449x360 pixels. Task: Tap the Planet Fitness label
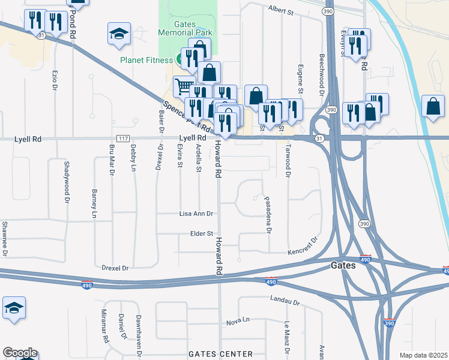click(x=146, y=60)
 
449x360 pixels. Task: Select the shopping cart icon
click(x=184, y=86)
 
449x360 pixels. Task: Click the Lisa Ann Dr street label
click(x=196, y=214)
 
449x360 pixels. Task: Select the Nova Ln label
click(x=238, y=322)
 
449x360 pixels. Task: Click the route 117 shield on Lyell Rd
click(x=123, y=139)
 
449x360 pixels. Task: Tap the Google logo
click(x=19, y=353)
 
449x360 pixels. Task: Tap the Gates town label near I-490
click(x=343, y=265)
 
